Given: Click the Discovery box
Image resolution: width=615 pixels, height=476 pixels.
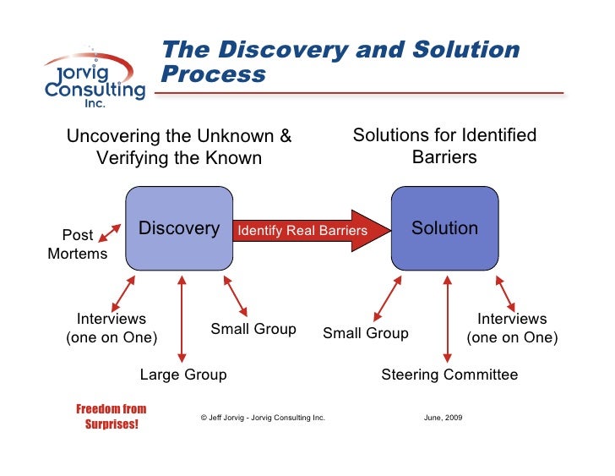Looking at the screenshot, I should coord(178,228).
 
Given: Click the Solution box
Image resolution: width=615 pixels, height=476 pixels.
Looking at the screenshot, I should coord(444,228).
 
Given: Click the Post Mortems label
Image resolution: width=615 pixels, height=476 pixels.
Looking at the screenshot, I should coord(78,244).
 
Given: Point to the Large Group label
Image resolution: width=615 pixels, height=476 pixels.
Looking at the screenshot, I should coord(182,375).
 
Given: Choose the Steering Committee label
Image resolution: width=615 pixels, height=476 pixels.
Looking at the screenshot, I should coord(449,375).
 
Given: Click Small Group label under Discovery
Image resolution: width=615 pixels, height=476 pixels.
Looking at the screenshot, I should coord(253,329).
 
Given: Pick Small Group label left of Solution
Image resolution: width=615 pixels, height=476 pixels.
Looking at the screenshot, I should coord(366,333).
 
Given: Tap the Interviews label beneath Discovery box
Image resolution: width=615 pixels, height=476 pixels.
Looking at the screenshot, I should coord(112,328).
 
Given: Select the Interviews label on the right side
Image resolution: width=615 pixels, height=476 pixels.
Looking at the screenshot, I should coord(512,328).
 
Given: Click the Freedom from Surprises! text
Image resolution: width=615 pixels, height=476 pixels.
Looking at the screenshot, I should coord(112,417).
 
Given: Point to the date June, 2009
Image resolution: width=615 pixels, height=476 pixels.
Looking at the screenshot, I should coord(443,418).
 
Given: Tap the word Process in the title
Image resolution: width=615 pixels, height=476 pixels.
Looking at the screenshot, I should coord(213,75).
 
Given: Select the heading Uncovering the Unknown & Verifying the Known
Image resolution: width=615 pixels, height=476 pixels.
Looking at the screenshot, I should coord(179,147).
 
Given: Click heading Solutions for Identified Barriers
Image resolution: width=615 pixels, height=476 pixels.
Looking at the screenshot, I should coord(444,145).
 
